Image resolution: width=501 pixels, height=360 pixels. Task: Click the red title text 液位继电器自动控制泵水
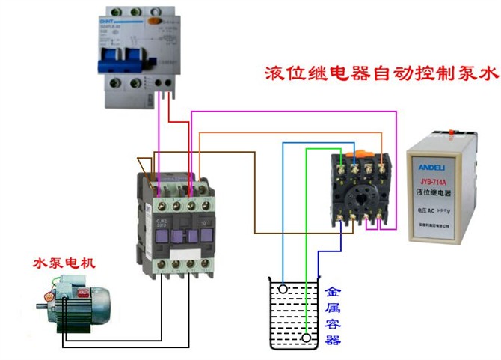[381, 74]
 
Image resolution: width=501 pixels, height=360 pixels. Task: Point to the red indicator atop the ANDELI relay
[454, 135]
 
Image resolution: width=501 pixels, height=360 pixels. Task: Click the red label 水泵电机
[64, 263]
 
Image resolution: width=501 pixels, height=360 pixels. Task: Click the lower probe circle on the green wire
[307, 338]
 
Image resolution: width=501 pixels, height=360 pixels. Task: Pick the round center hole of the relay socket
[362, 197]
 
